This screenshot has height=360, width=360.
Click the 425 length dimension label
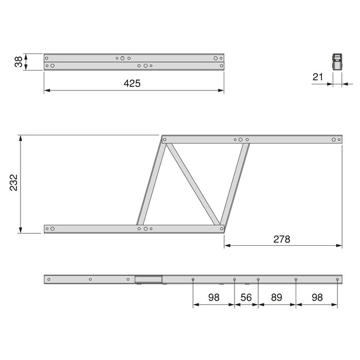tap(132, 83)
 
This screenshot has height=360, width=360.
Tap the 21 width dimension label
tap(318, 77)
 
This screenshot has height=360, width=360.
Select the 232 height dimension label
tap(13, 183)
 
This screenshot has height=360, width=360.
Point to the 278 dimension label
tap(281, 239)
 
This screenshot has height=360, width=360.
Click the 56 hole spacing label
tap(246, 298)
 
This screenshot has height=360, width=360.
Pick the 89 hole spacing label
tap(277, 298)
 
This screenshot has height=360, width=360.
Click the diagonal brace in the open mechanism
tap(193, 184)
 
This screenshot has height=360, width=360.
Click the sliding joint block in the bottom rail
tap(149, 279)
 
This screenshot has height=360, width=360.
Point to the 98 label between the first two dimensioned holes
tap(213, 298)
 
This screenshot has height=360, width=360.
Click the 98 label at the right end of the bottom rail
tap(317, 298)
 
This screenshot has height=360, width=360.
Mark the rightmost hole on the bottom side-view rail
tap(337, 279)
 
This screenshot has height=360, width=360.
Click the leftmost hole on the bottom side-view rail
tap(49, 279)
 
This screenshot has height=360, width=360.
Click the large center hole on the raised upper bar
tap(241, 139)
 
